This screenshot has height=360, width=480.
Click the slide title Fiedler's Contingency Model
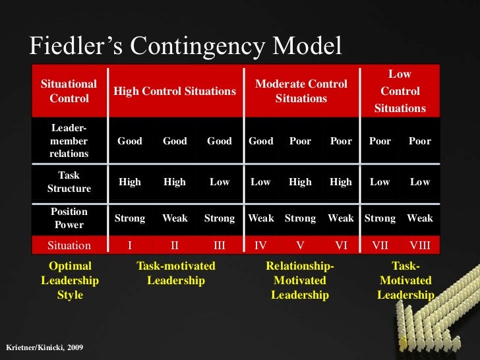point(186,47)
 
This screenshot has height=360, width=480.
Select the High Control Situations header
point(175,92)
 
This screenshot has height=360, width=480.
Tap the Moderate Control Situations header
point(301,92)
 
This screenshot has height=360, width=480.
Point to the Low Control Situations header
point(400,92)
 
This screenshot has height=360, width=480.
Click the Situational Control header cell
point(69,92)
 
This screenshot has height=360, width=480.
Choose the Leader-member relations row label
point(69,141)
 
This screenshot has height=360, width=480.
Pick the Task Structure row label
point(69,183)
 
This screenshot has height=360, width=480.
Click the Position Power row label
point(69,218)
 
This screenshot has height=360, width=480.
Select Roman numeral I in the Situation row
point(129,246)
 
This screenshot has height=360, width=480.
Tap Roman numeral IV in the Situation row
point(260,246)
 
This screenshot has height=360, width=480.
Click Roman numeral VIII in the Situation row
point(419,246)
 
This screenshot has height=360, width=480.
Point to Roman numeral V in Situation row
point(300,246)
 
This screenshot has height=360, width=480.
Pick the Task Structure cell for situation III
point(220,182)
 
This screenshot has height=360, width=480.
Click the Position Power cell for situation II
point(175,218)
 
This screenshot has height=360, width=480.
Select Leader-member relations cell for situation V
point(300,141)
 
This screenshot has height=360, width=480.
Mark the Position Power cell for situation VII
point(380,218)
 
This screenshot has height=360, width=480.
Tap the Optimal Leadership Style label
point(70,280)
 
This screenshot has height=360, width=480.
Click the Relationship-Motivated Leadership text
point(300,280)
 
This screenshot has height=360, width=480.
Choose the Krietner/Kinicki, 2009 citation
point(44,347)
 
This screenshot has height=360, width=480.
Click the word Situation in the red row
point(69,246)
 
